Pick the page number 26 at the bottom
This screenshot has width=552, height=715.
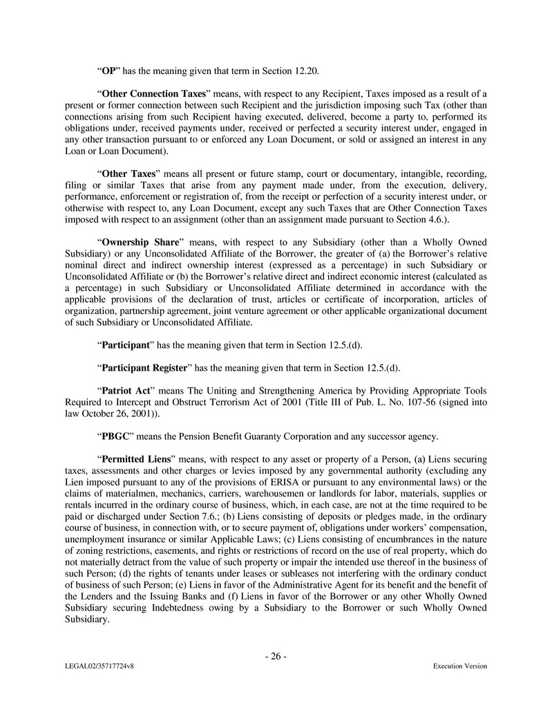coord(276,656)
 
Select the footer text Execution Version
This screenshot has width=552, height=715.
coord(459,666)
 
